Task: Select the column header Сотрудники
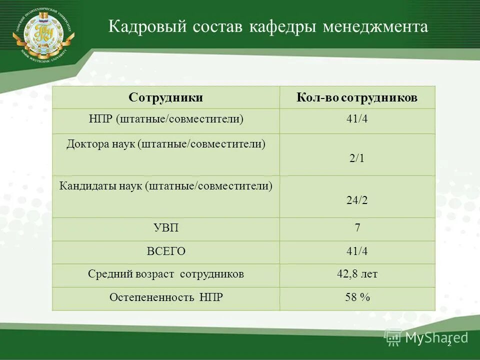[x=165, y=97]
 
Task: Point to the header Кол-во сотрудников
[x=357, y=97]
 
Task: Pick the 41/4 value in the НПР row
[x=357, y=119]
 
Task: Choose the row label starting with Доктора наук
[x=165, y=144]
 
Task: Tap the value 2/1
[x=357, y=158]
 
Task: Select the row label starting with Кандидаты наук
[x=165, y=186]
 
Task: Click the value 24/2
[x=357, y=200]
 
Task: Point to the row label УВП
[x=165, y=228]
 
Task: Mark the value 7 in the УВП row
[x=357, y=228]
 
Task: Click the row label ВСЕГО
[x=165, y=251]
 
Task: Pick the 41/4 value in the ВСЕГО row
[x=357, y=251]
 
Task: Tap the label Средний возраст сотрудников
[x=165, y=274]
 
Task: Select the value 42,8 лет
[x=357, y=274]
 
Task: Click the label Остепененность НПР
[x=165, y=297]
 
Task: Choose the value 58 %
[x=357, y=297]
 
